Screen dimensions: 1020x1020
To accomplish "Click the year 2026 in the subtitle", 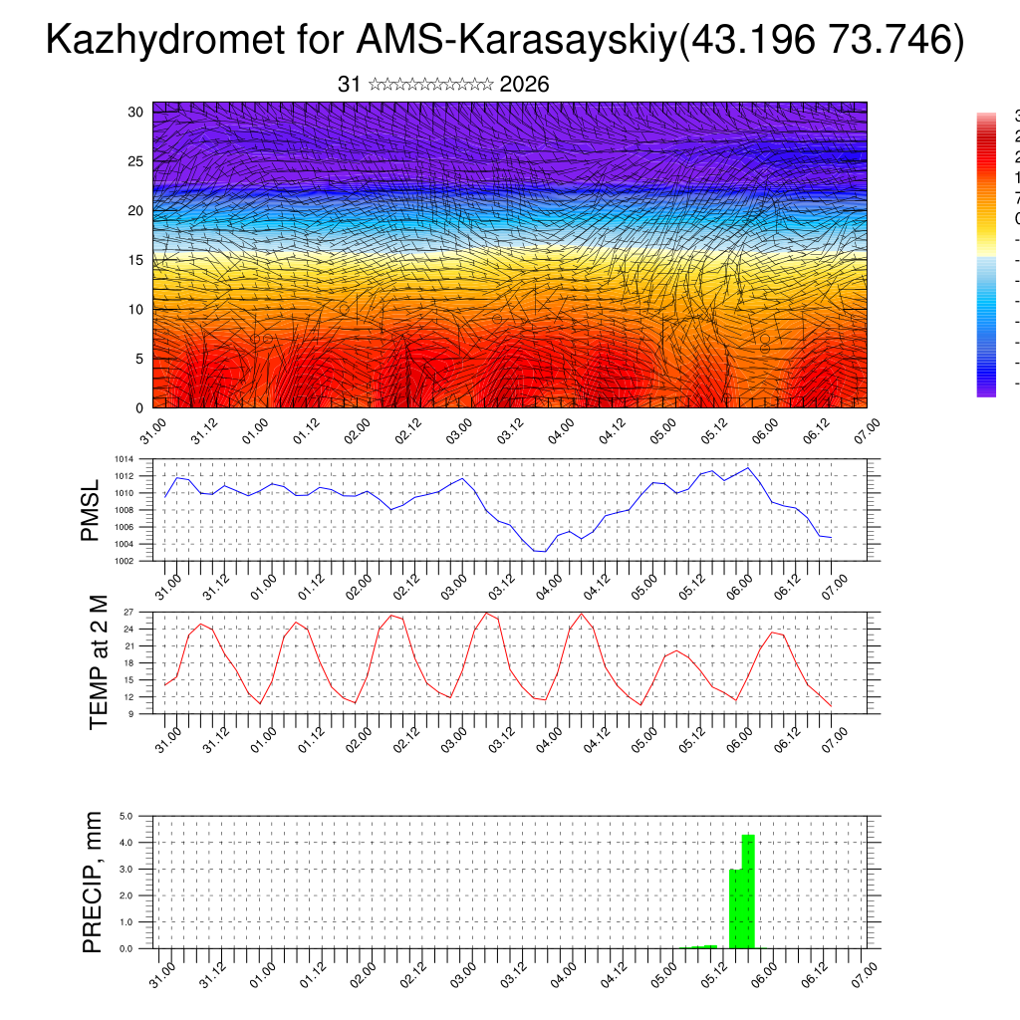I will pos(524,85).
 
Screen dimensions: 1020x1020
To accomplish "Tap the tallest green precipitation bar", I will pos(748,891).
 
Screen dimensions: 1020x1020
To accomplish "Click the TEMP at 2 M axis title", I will pos(98,662).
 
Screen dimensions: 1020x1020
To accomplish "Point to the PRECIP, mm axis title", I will pos(94,882).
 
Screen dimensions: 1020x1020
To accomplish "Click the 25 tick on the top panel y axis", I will pos(136,161).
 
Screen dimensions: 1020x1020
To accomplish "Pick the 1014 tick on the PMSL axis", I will pos(124,459).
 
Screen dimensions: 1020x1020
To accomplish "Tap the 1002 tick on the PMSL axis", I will pos(124,561).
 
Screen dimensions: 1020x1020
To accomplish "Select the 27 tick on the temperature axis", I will pos(128,612).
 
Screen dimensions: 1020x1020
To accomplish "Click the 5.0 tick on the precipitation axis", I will pos(127,816).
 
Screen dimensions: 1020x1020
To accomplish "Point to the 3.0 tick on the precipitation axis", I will pos(127,870).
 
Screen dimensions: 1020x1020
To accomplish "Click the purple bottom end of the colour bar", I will pos(986,390).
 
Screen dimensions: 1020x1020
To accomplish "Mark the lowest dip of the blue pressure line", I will pos(540,551).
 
